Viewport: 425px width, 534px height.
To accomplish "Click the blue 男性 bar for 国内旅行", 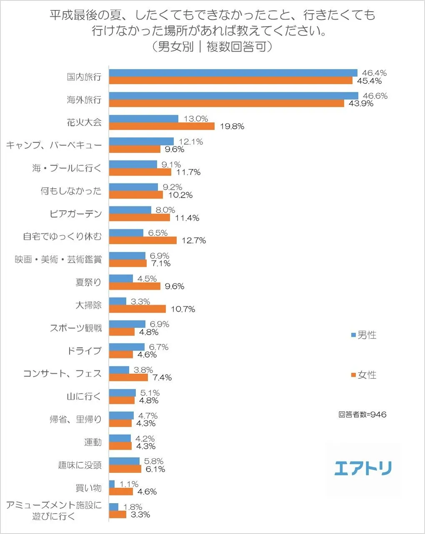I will [x=233, y=73].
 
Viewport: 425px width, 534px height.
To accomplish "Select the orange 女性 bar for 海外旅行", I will [x=227, y=103].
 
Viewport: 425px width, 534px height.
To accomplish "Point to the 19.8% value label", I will [x=232, y=127].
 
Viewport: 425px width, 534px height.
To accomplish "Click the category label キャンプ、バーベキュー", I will [x=54, y=145].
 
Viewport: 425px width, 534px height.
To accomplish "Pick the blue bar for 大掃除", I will [x=117, y=301].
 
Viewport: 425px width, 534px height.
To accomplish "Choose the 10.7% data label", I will [x=183, y=309].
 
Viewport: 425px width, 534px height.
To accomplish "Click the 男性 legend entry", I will [x=364, y=335].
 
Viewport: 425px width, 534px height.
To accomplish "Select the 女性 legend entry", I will [x=364, y=375].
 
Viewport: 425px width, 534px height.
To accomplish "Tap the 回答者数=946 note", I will [x=362, y=415].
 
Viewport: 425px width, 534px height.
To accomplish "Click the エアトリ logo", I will [x=363, y=468].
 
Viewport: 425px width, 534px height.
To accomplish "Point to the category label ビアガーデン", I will [x=75, y=214].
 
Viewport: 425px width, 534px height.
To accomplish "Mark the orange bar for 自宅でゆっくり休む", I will [x=143, y=241].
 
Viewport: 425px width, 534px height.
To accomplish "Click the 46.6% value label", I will [x=375, y=96].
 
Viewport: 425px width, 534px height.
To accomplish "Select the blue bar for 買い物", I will [x=112, y=484].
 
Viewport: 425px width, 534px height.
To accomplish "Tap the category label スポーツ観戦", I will [x=76, y=328].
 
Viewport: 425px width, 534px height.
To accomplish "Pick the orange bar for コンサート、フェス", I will [x=128, y=378].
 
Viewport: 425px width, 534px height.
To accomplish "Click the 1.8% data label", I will [x=133, y=507].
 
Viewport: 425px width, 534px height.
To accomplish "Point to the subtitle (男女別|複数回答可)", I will [x=212, y=47].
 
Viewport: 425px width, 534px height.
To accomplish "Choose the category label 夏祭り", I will [x=88, y=282].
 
